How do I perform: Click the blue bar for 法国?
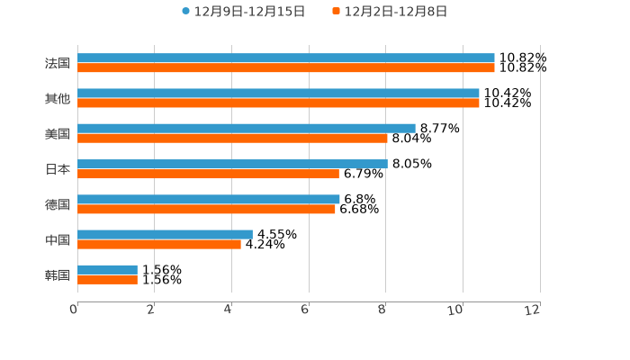pyautogui.click(x=286, y=58)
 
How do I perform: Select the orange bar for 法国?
pyautogui.click(x=286, y=68)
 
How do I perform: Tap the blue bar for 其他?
pyautogui.click(x=278, y=94)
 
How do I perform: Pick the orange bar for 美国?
pyautogui.click(x=232, y=139)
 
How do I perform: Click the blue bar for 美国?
pyautogui.click(x=247, y=129)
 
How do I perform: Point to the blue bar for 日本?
pyautogui.click(x=232, y=164)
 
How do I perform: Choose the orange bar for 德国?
pyautogui.click(x=206, y=210)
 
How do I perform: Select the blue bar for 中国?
pyautogui.click(x=165, y=234)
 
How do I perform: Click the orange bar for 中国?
pyautogui.click(x=159, y=244)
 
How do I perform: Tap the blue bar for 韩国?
pyautogui.click(x=107, y=270)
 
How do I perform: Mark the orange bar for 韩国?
pyautogui.click(x=107, y=280)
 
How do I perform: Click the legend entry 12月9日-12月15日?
pyautogui.click(x=243, y=12)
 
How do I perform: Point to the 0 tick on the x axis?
pyautogui.click(x=74, y=310)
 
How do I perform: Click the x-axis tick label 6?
pyautogui.click(x=305, y=310)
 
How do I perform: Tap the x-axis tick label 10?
pyautogui.click(x=457, y=310)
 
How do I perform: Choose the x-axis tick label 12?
pyautogui.click(x=534, y=310)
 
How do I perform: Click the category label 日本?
pyautogui.click(x=58, y=169)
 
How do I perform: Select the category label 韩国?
pyautogui.click(x=58, y=275)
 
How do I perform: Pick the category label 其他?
pyautogui.click(x=58, y=99)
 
